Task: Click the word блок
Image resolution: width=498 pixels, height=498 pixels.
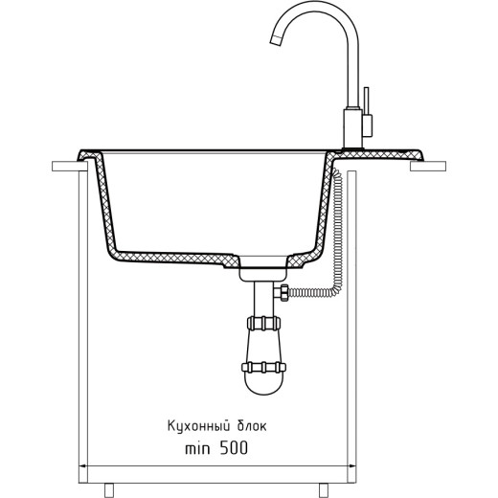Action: pos(252,426)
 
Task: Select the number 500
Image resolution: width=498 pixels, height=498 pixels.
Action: pos(234,448)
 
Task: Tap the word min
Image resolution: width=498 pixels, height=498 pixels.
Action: pos(197,448)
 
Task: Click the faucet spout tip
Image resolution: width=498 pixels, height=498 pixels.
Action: pos(276,41)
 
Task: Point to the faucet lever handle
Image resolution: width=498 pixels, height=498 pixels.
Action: pos(367,112)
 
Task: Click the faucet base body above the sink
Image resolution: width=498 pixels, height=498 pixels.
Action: pos(353,128)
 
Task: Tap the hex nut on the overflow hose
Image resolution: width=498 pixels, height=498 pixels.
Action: pos(283,292)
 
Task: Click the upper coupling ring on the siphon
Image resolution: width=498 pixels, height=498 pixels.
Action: pos(263,323)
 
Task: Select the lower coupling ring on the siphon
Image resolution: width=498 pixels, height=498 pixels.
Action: pos(263,367)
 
